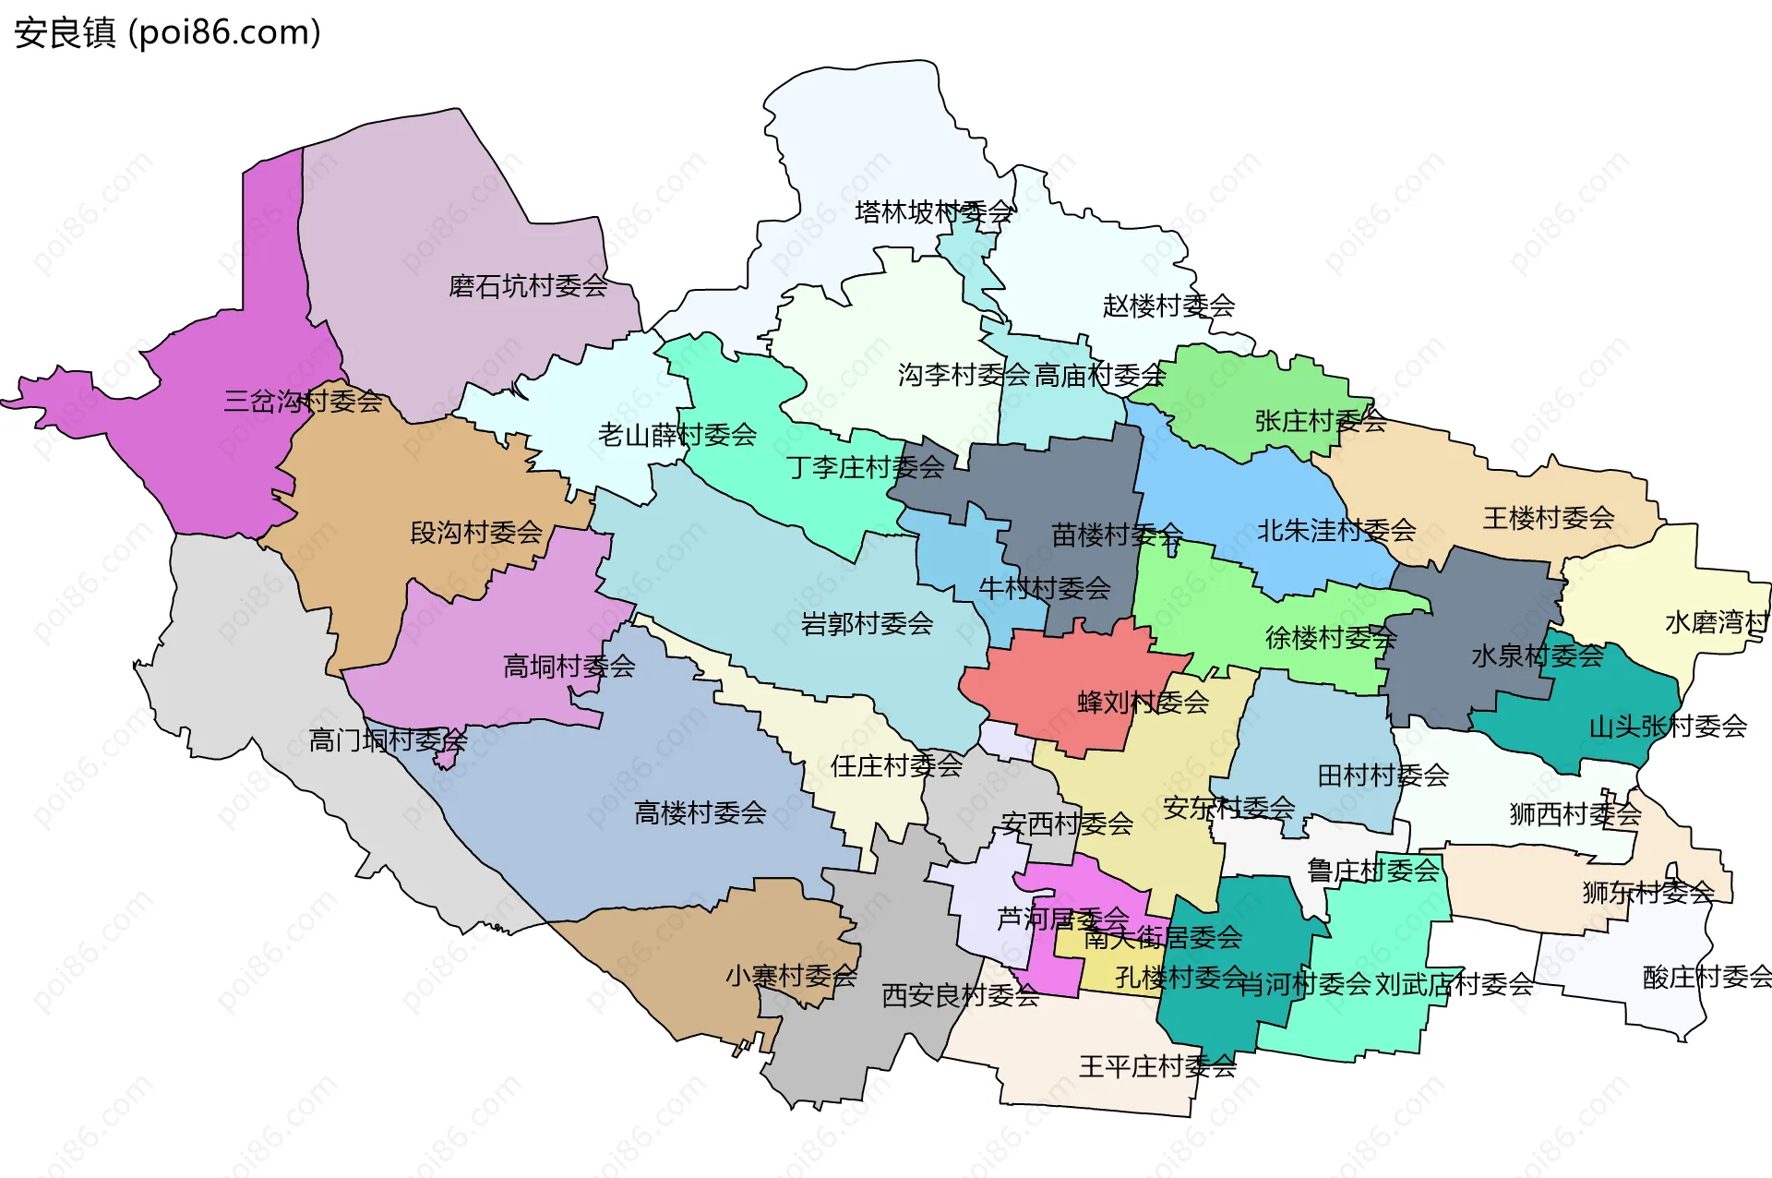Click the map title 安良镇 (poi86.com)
[x=168, y=32]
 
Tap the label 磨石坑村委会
[x=528, y=286]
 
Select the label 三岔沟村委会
[x=303, y=401]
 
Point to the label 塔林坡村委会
[x=934, y=212]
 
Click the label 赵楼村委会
[x=1168, y=306]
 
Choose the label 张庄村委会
[x=1320, y=421]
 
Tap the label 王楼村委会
[x=1548, y=518]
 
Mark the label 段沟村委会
[x=476, y=533]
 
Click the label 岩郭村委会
[x=867, y=624]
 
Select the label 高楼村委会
[x=700, y=813]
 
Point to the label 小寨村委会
[x=791, y=976]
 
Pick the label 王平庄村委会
[x=1157, y=1067]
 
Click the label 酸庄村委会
[x=1706, y=977]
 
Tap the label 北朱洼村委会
[x=1335, y=531]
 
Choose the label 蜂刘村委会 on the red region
[x=1143, y=703]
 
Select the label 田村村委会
[x=1383, y=775]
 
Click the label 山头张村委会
[x=1667, y=727]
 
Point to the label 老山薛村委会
[x=676, y=435]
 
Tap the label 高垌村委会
[x=569, y=667]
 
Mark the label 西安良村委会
[x=960, y=995]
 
